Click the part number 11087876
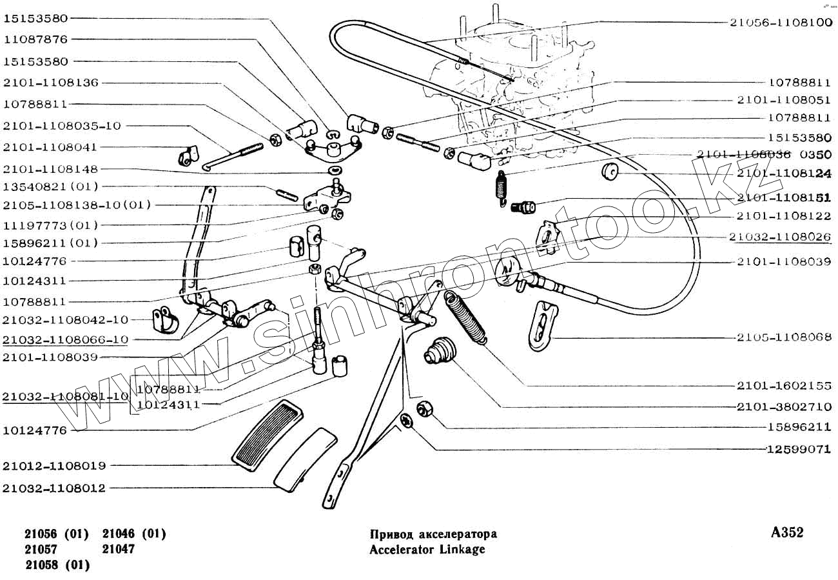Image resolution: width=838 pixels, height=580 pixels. (x=35, y=39)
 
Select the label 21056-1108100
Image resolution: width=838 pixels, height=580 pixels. (x=781, y=21)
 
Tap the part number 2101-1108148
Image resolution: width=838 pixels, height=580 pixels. (x=50, y=169)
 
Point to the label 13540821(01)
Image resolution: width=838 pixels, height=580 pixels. (x=50, y=186)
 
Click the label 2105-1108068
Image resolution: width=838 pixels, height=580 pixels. (x=784, y=337)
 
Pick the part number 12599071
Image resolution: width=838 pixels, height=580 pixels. (x=799, y=449)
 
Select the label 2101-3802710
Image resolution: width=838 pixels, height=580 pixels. (x=784, y=407)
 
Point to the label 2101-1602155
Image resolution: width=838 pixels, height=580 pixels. (x=784, y=386)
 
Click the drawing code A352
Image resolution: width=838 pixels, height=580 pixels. (x=787, y=533)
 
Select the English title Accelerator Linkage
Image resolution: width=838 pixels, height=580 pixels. (x=427, y=550)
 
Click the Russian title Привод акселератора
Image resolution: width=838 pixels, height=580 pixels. (x=433, y=534)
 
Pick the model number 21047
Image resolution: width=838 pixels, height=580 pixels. (x=119, y=550)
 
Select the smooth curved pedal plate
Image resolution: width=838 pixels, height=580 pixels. (x=306, y=457)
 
